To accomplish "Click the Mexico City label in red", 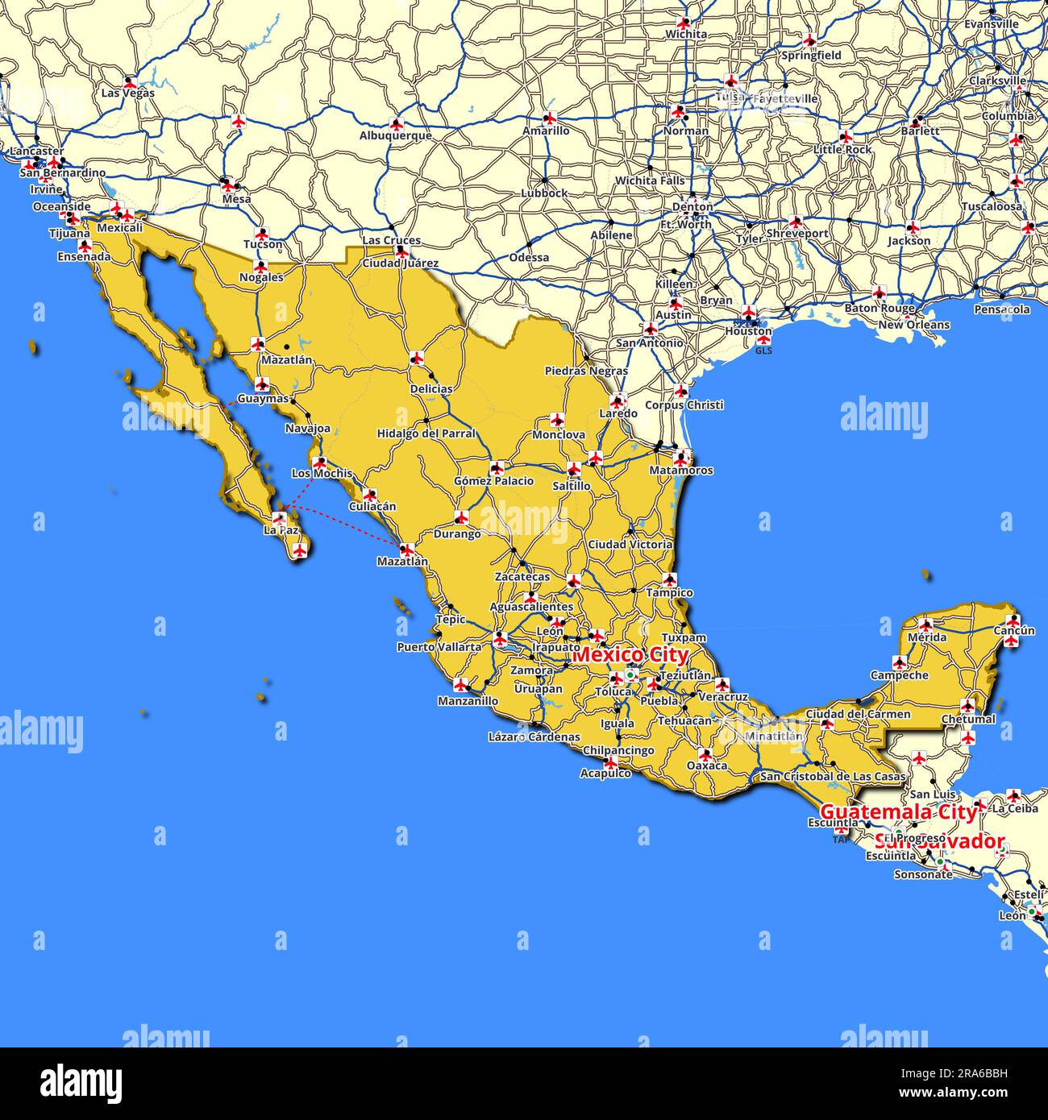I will click(630, 655).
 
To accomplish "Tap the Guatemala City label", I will click(898, 812).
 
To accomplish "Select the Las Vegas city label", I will click(127, 93).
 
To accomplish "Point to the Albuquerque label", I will click(395, 136).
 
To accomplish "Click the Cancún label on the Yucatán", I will click(1014, 631).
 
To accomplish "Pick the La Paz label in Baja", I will click(281, 532).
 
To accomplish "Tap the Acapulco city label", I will click(605, 774).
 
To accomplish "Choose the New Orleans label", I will click(913, 326).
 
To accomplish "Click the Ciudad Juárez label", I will click(400, 263).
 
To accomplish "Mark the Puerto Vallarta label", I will click(439, 647).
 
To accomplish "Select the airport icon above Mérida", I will click(926, 624).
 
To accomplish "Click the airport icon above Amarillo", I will click(551, 118).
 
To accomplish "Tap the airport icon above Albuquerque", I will click(396, 124).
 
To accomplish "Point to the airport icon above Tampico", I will click(669, 579).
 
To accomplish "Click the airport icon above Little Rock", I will click(845, 137).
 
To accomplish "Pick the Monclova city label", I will click(559, 435).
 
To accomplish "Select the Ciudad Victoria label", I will click(630, 545).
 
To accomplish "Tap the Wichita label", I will click(686, 35).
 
